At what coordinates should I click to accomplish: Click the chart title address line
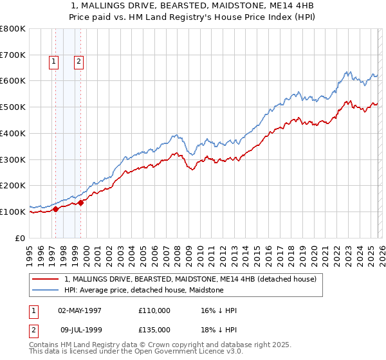192,8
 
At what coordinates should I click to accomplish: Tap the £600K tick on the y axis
13,81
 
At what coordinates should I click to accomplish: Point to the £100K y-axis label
13,212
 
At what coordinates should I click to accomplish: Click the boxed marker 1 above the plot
53,62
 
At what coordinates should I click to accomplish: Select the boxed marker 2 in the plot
78,62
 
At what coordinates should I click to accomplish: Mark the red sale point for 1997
56,209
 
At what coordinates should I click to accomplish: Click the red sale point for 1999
81,203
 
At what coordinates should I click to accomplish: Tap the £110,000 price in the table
154,310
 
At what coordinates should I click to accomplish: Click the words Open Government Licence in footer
187,354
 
